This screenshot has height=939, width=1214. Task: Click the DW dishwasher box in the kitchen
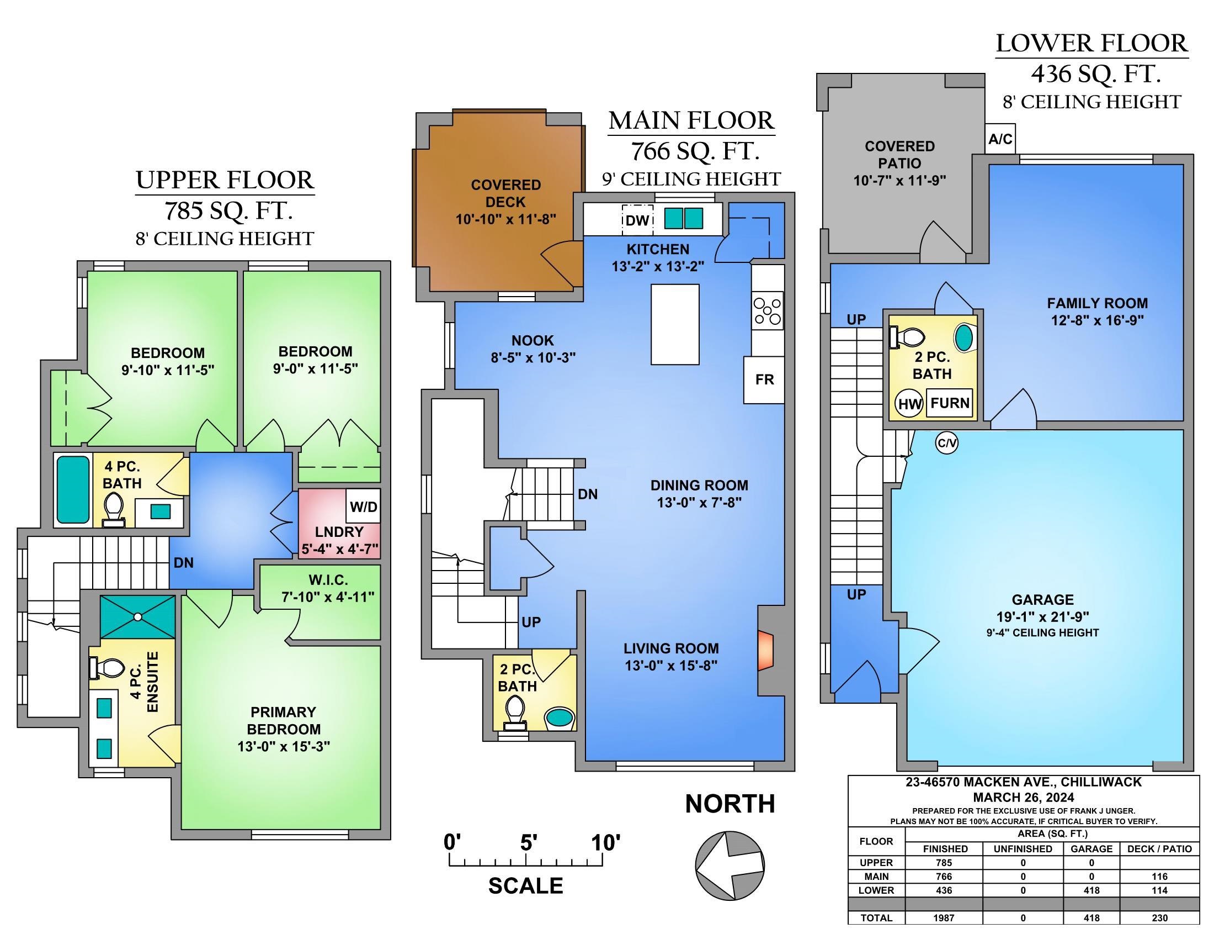[637, 221]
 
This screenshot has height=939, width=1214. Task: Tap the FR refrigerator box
[764, 380]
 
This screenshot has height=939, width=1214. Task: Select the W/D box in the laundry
[364, 506]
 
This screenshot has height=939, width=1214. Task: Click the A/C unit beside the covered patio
[1000, 139]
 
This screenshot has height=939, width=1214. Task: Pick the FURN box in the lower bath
[950, 403]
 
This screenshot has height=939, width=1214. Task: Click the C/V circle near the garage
[946, 443]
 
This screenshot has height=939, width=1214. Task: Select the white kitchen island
[675, 324]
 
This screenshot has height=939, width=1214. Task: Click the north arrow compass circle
[730, 865]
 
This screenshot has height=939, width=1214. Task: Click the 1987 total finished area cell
[944, 919]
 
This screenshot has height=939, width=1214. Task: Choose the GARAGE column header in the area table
[1091, 849]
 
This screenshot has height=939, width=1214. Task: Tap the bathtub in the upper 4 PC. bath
[73, 489]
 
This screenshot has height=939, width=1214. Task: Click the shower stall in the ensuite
[137, 617]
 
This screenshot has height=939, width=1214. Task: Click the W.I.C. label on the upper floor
[328, 580]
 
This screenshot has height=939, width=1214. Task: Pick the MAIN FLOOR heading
[691, 121]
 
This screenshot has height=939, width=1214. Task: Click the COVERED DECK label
[506, 193]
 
